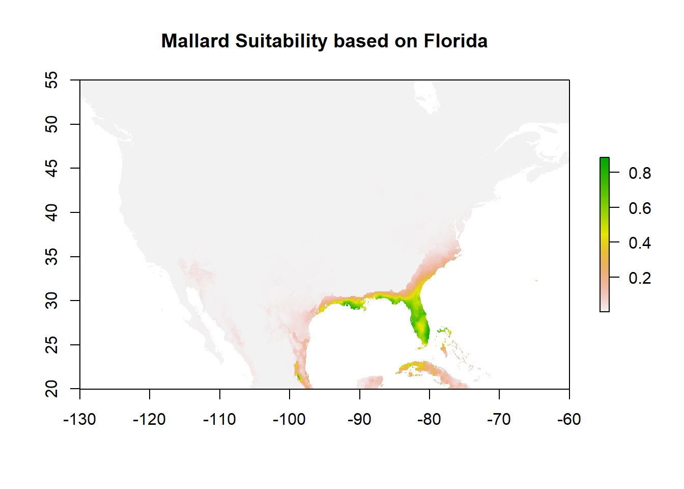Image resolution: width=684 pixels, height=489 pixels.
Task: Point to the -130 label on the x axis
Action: tap(79, 419)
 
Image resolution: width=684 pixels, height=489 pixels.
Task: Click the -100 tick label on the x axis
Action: tap(289, 419)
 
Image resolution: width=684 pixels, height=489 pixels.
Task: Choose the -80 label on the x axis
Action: tap(429, 419)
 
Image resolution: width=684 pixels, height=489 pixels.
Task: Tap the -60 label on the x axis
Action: tap(569, 419)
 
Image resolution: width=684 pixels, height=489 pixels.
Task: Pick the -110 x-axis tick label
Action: tap(219, 419)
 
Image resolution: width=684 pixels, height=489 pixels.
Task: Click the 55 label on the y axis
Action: tap(51, 80)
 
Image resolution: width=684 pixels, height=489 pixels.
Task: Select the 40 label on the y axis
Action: tap(51, 212)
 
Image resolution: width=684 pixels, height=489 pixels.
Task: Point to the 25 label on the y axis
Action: tap(51, 345)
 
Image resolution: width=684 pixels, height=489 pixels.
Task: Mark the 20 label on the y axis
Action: tap(51, 389)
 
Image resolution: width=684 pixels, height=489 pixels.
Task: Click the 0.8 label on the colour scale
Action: tap(640, 173)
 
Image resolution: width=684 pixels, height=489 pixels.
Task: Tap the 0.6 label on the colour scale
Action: tap(640, 208)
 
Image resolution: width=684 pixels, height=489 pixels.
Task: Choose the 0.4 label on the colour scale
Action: tap(640, 242)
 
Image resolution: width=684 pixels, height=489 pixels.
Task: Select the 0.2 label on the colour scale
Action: tap(640, 278)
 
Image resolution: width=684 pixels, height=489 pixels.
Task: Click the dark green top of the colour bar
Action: tap(605, 162)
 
